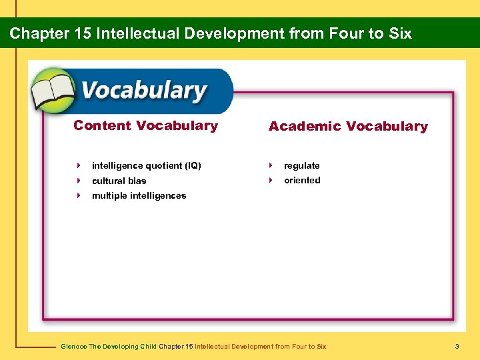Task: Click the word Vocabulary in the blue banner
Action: (x=144, y=91)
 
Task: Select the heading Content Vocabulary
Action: (x=145, y=125)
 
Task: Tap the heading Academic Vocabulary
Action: (x=348, y=126)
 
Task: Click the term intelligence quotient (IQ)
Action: (x=146, y=165)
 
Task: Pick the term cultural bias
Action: (x=119, y=181)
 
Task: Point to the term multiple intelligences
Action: (x=139, y=195)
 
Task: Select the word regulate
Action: (x=301, y=165)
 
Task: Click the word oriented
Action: (x=302, y=180)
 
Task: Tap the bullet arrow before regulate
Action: (x=271, y=165)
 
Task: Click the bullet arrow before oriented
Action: (x=271, y=180)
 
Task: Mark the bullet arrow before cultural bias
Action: (x=79, y=181)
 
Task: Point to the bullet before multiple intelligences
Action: (x=79, y=195)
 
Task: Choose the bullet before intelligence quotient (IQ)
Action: (x=79, y=165)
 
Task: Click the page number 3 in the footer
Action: (x=457, y=346)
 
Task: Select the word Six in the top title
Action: (x=399, y=33)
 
